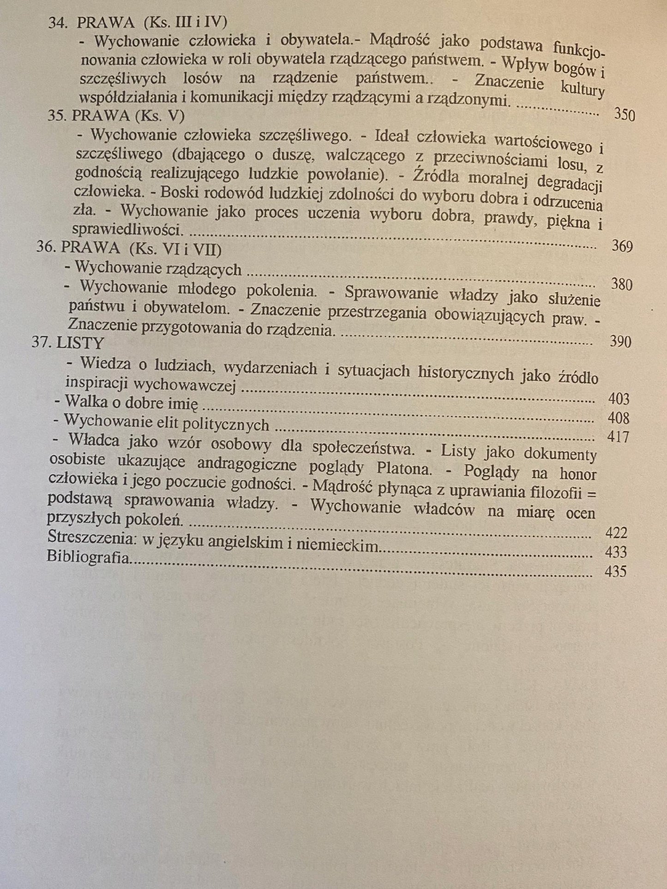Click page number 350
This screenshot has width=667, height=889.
click(624, 114)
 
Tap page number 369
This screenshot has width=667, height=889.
click(622, 246)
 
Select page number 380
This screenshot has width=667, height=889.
click(621, 284)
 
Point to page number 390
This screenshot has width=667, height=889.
click(620, 342)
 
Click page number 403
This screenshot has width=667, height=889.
click(619, 399)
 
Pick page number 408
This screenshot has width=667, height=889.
click(619, 418)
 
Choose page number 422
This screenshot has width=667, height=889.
click(616, 533)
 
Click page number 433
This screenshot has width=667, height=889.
click(616, 552)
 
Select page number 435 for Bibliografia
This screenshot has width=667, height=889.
click(615, 571)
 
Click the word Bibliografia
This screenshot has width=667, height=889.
click(88, 557)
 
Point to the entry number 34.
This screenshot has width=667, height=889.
click(59, 23)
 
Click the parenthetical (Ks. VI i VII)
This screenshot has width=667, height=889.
click(175, 249)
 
